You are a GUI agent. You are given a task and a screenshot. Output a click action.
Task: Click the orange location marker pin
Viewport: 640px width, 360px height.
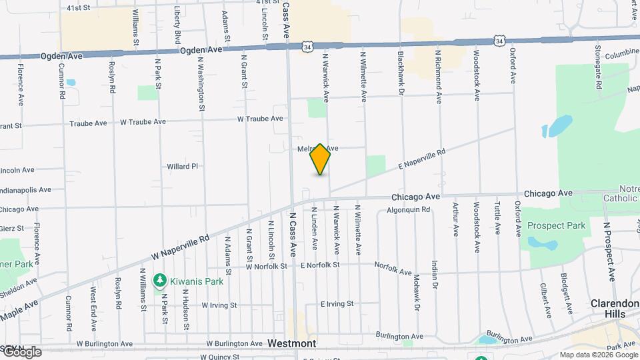click(320, 159)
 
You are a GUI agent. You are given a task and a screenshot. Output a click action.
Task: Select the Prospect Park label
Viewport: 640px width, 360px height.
click(556, 225)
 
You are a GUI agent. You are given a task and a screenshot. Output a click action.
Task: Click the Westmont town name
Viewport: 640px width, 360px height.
click(291, 343)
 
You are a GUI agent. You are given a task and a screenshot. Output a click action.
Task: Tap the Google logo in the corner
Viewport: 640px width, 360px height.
click(21, 352)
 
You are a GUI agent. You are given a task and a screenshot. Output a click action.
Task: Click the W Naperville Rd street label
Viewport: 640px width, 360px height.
click(180, 247)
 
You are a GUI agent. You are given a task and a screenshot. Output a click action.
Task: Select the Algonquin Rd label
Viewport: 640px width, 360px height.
click(408, 209)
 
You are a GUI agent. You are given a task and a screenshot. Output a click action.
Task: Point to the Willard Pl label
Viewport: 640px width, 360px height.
click(183, 166)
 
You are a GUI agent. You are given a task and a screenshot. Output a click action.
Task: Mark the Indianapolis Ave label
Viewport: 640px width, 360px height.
click(25, 189)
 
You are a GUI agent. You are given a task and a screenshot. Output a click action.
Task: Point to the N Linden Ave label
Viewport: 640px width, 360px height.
click(315, 228)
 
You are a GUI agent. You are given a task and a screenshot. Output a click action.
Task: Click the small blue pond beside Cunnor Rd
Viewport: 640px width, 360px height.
click(71, 83)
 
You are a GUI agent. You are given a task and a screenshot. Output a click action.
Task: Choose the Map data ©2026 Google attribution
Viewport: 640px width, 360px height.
click(598, 355)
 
